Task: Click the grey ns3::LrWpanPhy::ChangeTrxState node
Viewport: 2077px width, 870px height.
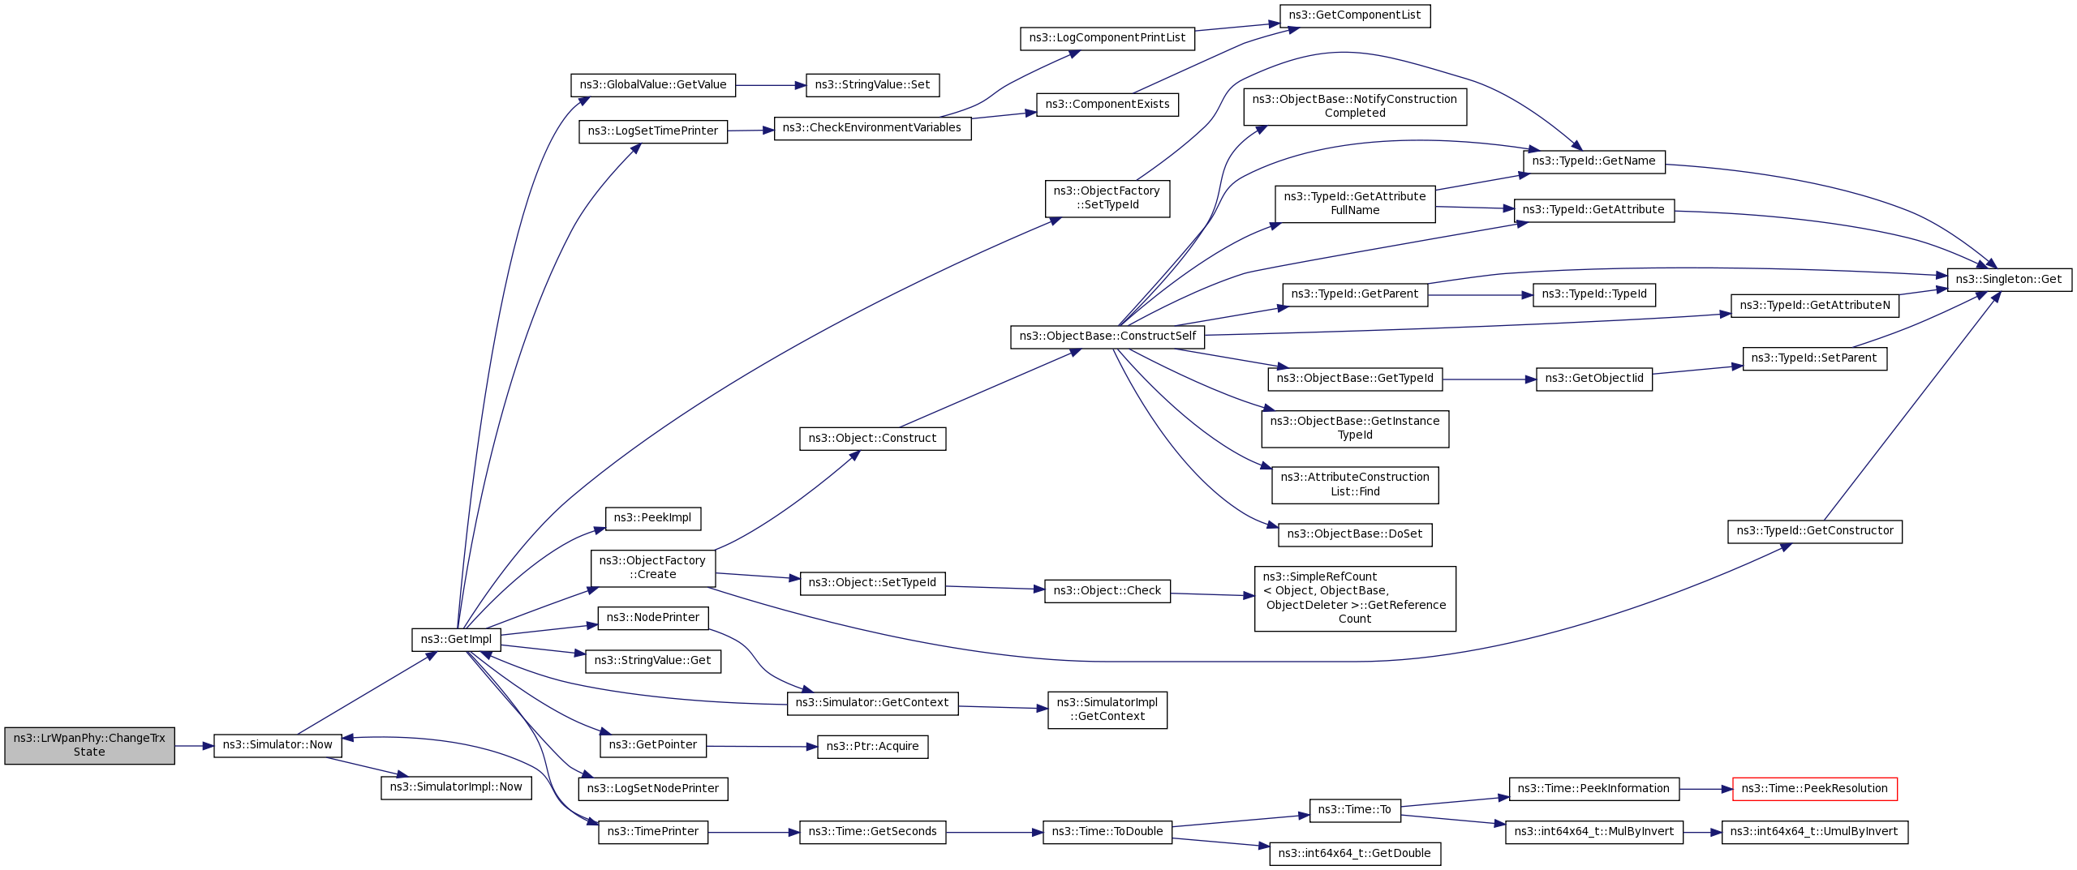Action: click(x=89, y=745)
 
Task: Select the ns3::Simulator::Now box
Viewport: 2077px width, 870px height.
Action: click(x=277, y=745)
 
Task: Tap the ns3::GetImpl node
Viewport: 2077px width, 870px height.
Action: click(x=456, y=639)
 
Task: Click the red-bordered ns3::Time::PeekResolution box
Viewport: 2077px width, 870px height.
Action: click(x=1814, y=788)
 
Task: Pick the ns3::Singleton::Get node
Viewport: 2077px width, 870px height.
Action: click(x=2009, y=279)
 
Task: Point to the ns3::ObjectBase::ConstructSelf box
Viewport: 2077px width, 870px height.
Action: click(x=1107, y=336)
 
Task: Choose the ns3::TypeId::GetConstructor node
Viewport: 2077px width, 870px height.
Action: click(x=1814, y=531)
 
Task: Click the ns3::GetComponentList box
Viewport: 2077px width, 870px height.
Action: click(x=1355, y=15)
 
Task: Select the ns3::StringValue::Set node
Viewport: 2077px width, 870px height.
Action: click(x=872, y=84)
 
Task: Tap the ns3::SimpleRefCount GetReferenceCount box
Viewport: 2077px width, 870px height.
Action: click(x=1355, y=598)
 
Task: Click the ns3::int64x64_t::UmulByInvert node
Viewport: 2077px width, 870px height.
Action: click(x=1814, y=832)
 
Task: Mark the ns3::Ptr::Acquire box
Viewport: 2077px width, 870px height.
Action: click(x=872, y=747)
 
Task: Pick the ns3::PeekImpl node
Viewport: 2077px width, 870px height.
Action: click(x=653, y=518)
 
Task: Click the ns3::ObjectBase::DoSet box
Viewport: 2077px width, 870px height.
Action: click(x=1355, y=534)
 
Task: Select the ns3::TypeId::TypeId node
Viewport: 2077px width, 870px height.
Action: click(x=1594, y=294)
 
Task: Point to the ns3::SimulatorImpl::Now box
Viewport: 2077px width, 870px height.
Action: click(x=456, y=787)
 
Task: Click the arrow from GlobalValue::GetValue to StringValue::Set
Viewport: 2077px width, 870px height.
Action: click(x=770, y=85)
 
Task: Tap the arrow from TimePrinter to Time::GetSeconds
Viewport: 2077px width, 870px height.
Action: click(x=754, y=833)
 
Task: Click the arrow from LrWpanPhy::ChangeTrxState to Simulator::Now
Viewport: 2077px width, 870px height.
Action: click(x=194, y=746)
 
